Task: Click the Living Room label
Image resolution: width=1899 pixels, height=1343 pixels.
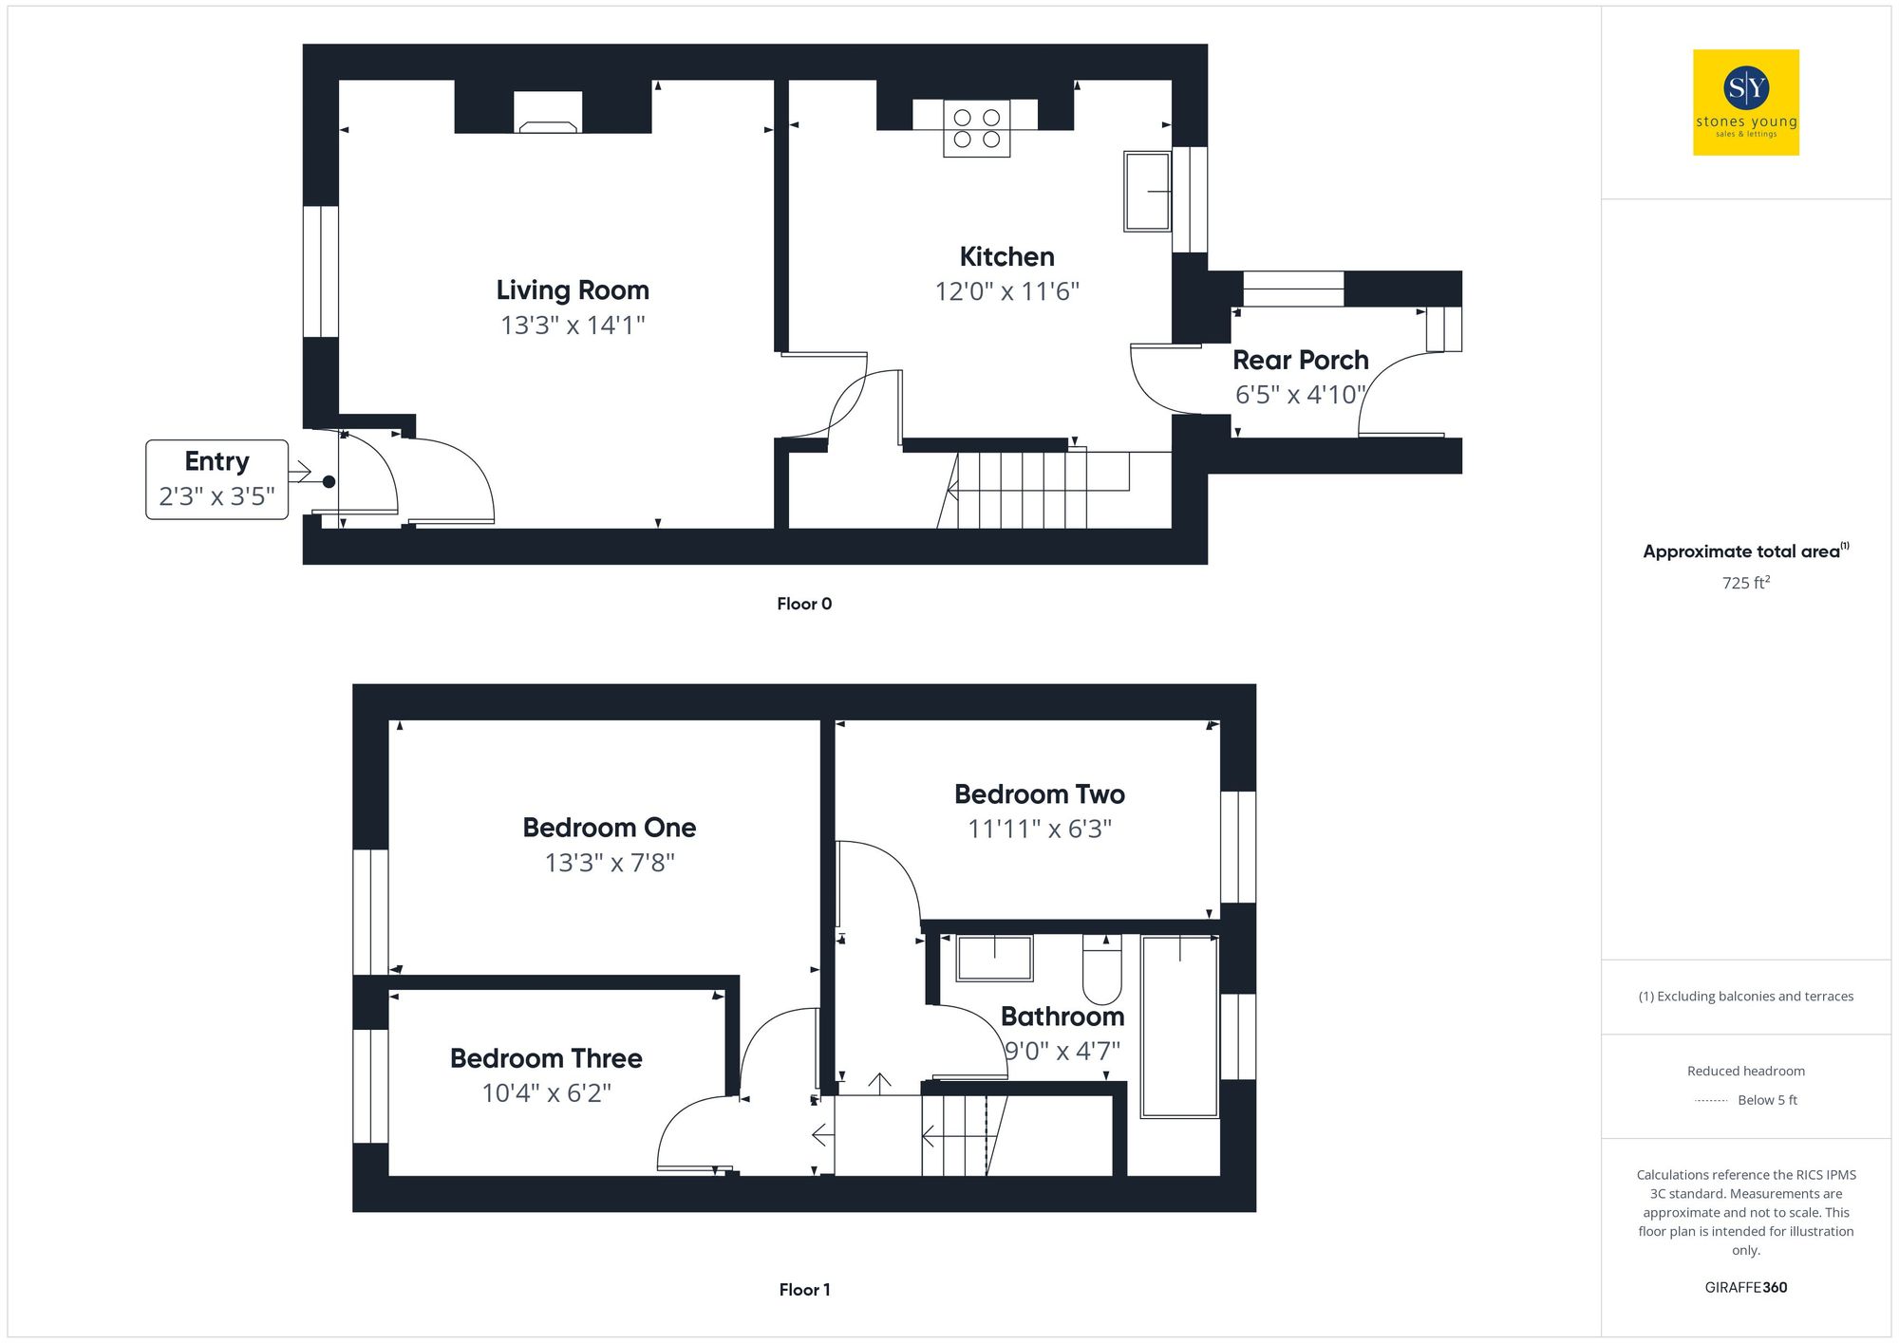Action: point(573,290)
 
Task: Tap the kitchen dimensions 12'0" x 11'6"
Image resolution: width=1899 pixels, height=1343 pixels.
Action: point(1006,291)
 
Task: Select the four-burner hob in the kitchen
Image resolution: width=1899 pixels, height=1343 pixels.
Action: point(976,129)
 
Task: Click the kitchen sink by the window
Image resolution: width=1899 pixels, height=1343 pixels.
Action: point(1147,191)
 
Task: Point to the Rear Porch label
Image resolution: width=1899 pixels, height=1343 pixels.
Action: point(1300,361)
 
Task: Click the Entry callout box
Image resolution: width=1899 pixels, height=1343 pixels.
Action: point(216,479)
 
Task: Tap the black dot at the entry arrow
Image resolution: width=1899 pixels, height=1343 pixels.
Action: point(329,482)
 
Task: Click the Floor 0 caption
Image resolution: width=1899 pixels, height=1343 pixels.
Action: point(804,604)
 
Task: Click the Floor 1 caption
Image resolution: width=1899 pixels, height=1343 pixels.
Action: point(804,1290)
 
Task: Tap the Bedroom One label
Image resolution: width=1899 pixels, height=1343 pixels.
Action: point(609,828)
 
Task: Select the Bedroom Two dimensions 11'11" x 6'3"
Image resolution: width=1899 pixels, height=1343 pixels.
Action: point(1039,830)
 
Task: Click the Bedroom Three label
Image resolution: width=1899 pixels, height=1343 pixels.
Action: point(546,1058)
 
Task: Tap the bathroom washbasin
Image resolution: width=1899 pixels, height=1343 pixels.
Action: point(994,958)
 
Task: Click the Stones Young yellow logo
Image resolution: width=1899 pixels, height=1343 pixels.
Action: point(1745,103)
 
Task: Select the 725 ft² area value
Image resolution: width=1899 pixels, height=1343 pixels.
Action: point(1745,583)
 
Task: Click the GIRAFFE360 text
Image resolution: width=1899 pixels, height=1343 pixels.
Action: point(1745,1288)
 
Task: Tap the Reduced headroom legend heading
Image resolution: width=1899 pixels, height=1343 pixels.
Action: point(1745,1072)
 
